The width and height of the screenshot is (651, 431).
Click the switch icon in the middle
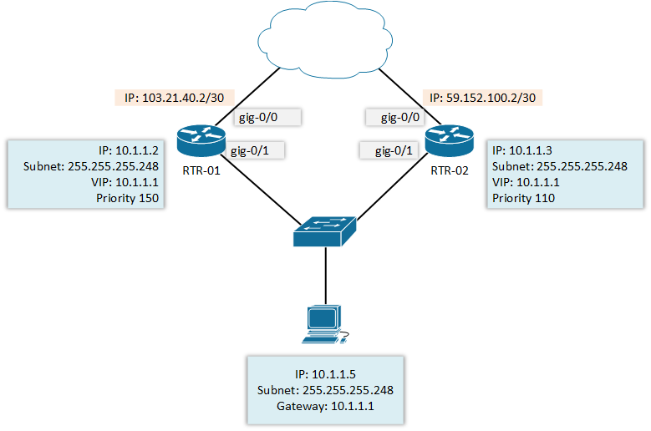coord(324,230)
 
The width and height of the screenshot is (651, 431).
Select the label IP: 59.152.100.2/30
coord(483,98)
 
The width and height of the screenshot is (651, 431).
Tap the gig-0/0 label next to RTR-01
coord(258,118)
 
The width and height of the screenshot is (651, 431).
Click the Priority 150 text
coord(128,198)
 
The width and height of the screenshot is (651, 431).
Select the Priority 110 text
coord(523,198)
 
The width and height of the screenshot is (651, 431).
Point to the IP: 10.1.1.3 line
coord(522,150)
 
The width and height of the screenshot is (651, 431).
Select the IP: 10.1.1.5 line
coord(326,373)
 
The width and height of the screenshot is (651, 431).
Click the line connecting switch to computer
coord(324,276)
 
